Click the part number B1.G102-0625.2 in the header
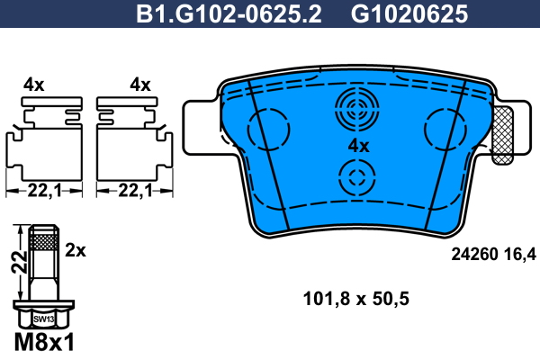point(229,14)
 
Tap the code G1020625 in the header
point(409,14)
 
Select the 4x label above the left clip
point(34,85)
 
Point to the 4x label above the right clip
point(140,85)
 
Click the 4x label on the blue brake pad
point(358,146)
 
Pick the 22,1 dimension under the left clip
point(44,190)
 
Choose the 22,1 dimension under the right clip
point(135,190)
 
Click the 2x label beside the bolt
point(76,250)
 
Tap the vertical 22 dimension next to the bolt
point(19,262)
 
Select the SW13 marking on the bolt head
point(44,319)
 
